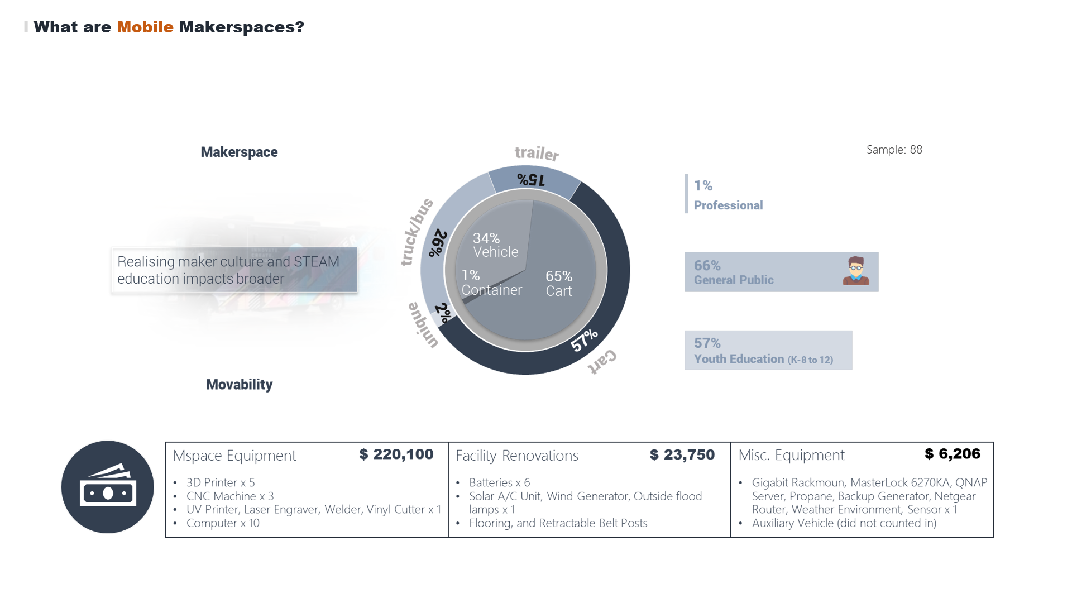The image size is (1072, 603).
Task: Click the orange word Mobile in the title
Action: coord(145,27)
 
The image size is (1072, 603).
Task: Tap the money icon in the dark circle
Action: coord(108,487)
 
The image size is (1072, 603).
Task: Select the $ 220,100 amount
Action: coord(396,454)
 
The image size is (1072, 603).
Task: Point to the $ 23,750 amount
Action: coord(682,455)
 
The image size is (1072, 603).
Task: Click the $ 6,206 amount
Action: coord(952,454)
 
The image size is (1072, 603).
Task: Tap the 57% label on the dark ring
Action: coord(584,340)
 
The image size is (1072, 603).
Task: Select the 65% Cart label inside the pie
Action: coord(559,284)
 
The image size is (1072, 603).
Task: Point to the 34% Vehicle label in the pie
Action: coord(495,245)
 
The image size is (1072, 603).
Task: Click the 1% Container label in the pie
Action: coord(491,283)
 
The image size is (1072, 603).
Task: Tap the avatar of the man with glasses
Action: coord(855,271)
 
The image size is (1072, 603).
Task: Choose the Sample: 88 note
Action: coord(894,150)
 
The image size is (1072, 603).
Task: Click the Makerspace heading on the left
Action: coord(239,152)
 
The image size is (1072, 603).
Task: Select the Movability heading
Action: coord(239,385)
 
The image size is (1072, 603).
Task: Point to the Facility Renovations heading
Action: coord(516,456)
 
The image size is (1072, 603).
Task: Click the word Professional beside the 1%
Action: coord(728,205)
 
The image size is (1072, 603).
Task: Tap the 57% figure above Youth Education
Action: coord(707,343)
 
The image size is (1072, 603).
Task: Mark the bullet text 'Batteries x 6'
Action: coord(499,482)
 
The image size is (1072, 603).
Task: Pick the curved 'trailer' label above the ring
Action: coord(537,153)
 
